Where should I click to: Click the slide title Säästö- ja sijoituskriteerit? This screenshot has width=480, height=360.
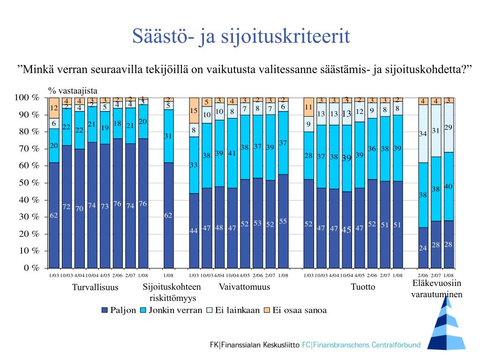point(241,37)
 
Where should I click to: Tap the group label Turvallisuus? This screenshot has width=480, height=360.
point(95,287)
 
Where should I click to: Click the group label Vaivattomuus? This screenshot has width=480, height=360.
point(244,287)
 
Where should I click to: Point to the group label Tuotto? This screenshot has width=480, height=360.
point(363,287)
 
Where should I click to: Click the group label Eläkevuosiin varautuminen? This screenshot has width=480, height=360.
point(437,289)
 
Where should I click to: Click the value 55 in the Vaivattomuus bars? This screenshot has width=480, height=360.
point(283,221)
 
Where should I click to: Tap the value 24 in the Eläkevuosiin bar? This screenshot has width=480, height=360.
point(423,248)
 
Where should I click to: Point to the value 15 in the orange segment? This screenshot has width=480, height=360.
point(194,111)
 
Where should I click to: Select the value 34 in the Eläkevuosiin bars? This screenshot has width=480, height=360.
point(423,134)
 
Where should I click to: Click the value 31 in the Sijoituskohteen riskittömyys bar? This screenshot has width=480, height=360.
point(168,136)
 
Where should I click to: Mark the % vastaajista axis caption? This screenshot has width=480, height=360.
point(73,91)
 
